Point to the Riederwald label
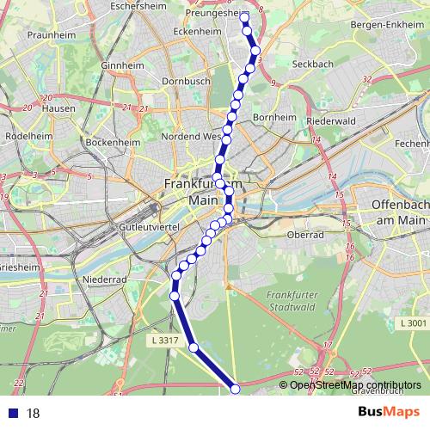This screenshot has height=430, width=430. [330, 122]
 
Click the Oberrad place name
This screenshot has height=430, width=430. [305, 234]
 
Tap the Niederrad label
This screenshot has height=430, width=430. [105, 279]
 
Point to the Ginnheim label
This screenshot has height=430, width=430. [122, 65]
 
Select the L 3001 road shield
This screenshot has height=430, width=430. [413, 322]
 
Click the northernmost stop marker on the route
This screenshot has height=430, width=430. [244, 17]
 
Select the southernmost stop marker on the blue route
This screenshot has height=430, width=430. [236, 390]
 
